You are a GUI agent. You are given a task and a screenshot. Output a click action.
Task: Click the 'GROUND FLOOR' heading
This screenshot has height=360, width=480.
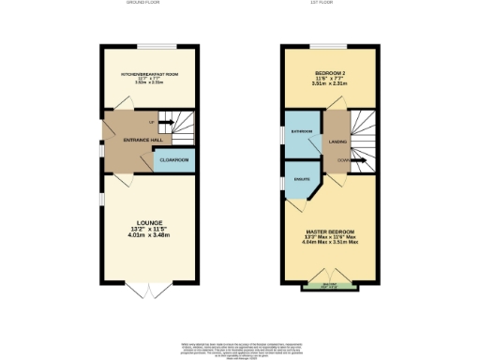click(x=142, y=3)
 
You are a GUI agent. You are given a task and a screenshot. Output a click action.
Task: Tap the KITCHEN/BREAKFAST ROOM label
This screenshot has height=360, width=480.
click(x=142, y=72)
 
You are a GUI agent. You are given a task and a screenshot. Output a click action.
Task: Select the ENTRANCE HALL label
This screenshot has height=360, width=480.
click(x=128, y=140)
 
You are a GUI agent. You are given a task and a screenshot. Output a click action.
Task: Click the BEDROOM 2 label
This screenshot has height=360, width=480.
click(x=329, y=71)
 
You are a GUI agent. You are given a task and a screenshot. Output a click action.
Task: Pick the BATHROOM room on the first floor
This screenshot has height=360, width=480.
click(x=302, y=132)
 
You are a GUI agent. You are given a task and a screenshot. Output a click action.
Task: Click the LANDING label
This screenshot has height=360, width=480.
click(x=335, y=142)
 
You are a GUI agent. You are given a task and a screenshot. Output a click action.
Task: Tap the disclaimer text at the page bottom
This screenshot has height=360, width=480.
click(x=240, y=348)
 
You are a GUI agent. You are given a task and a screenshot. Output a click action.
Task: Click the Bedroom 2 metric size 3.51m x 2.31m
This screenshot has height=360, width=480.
click(x=329, y=83)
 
